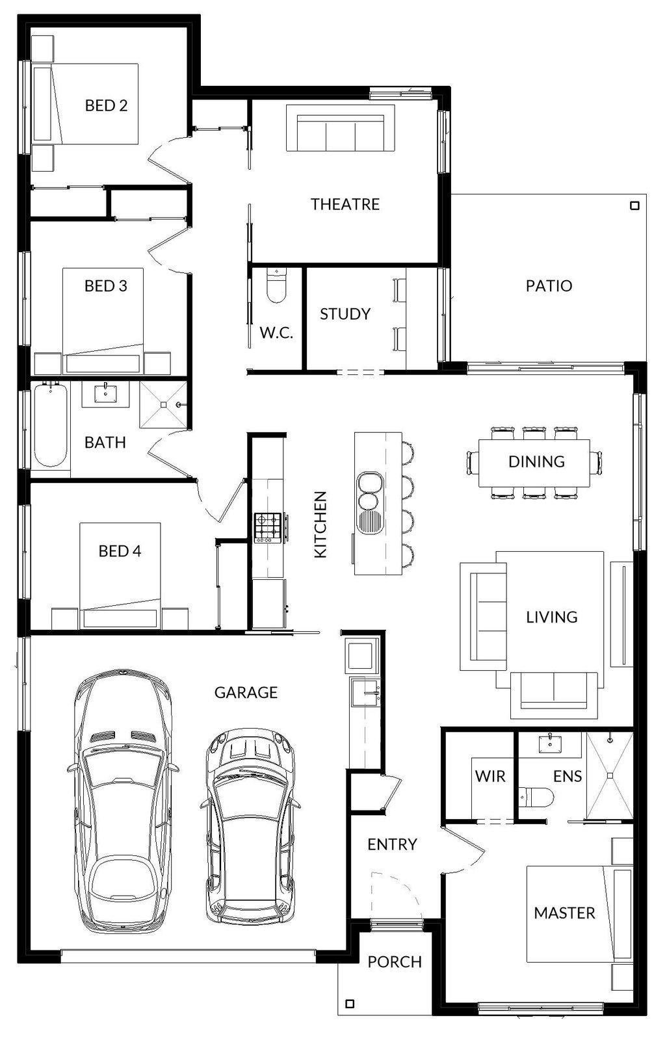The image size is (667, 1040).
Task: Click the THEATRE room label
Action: (x=345, y=204)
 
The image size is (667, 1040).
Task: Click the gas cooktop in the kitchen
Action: (x=268, y=528)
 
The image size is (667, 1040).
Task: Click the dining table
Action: (x=534, y=462)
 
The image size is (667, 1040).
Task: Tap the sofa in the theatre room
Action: (x=341, y=127)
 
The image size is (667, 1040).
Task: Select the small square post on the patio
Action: (x=634, y=205)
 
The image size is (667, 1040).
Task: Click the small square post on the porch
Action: (x=350, y=1004)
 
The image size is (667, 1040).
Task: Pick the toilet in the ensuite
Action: (x=536, y=797)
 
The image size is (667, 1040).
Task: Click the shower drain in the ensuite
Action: (x=610, y=775)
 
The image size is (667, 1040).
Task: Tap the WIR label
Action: (x=490, y=776)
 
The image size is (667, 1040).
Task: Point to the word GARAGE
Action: (x=246, y=692)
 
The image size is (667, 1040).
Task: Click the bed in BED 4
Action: (x=120, y=576)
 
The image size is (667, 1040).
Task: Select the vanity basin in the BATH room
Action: (x=106, y=393)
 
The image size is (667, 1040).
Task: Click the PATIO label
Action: (x=549, y=285)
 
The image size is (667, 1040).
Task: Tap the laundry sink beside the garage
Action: (x=365, y=692)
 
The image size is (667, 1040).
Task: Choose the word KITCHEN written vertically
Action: (x=320, y=524)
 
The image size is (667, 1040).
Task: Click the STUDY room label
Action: (x=345, y=314)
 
